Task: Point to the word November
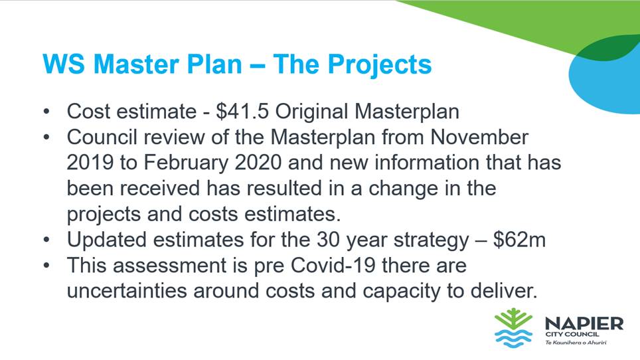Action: coord(479,137)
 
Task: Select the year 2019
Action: coord(90,163)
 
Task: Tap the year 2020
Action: coord(258,163)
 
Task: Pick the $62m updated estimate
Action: coord(519,240)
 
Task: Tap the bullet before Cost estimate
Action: coord(47,112)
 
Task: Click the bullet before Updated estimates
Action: coord(47,240)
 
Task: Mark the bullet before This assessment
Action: coord(47,266)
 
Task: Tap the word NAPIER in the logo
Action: coord(584,324)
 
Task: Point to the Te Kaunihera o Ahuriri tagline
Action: coord(576,343)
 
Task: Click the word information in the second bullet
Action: coord(427,163)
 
